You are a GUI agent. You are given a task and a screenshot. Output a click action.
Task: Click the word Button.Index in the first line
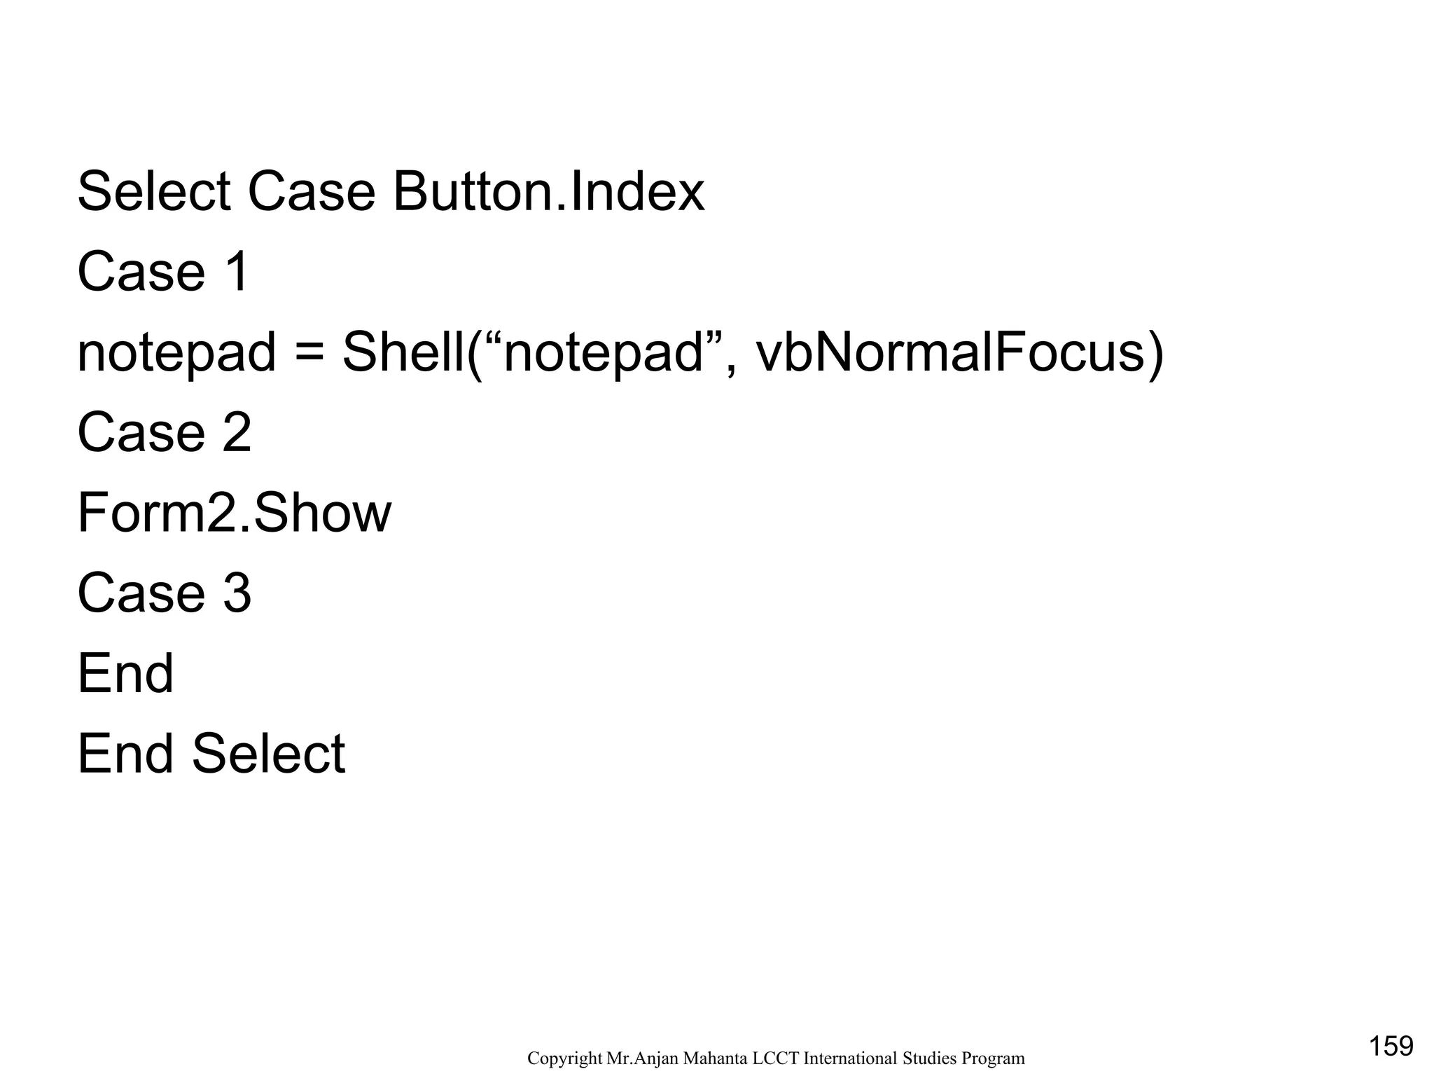click(548, 191)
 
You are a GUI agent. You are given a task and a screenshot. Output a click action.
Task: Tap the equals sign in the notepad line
click(309, 352)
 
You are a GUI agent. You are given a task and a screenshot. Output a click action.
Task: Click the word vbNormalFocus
click(959, 352)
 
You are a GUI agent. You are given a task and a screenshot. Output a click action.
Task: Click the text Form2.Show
click(234, 513)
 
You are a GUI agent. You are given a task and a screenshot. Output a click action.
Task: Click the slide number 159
click(1391, 1046)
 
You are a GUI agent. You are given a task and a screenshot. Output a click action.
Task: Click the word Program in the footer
click(994, 1058)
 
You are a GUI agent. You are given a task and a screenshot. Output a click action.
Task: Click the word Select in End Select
click(268, 755)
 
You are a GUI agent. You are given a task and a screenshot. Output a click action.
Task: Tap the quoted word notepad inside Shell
click(603, 354)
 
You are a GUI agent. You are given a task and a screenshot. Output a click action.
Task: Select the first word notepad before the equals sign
click(176, 354)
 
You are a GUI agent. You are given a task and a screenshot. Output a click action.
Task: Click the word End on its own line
click(125, 675)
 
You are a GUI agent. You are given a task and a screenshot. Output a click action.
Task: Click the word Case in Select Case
click(312, 191)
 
